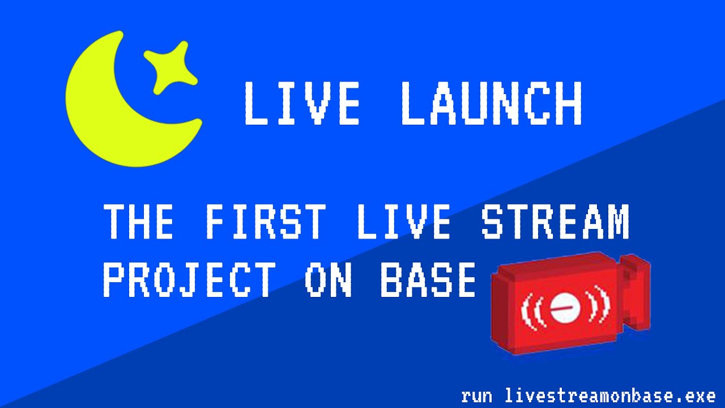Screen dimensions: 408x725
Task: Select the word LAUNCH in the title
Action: click(491, 104)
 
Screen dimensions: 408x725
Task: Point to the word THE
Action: click(139, 222)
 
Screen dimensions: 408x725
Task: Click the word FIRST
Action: click(266, 222)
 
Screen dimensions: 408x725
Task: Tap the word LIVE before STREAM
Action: click(404, 222)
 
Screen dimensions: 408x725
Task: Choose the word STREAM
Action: click(555, 222)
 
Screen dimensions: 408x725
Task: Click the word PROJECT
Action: click(190, 280)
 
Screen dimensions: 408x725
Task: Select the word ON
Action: click(329, 280)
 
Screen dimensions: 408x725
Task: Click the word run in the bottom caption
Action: click(476, 395)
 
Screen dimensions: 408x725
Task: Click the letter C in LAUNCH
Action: click(523, 104)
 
